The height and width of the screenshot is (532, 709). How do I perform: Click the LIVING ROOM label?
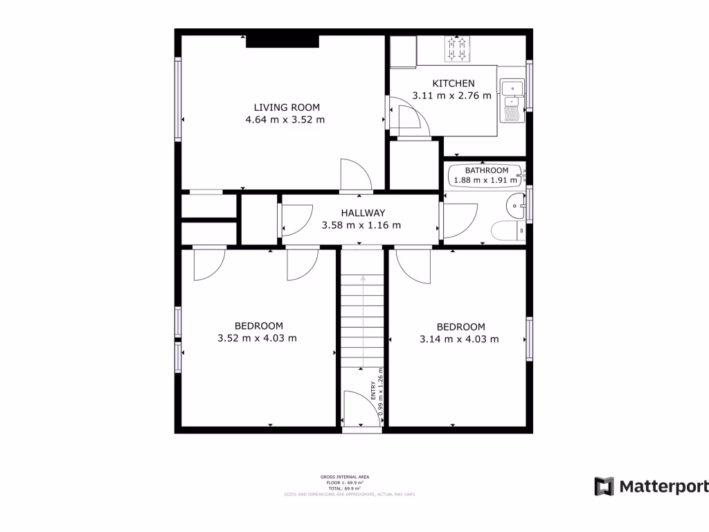tap(287, 107)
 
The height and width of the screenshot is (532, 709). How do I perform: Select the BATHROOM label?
tap(486, 170)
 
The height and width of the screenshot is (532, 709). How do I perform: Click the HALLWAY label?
tap(362, 213)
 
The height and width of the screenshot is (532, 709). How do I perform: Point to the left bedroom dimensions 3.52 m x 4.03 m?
tap(257, 339)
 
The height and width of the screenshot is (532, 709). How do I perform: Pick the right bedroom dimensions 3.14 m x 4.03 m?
tap(459, 339)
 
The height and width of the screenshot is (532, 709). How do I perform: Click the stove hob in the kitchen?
tap(457, 48)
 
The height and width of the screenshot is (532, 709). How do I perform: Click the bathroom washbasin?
tap(516, 205)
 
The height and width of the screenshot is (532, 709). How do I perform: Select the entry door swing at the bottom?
tap(360, 409)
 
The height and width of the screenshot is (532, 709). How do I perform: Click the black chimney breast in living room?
tap(282, 42)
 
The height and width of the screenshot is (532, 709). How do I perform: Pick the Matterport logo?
tap(651, 486)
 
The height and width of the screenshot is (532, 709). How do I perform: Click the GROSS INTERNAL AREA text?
tap(344, 477)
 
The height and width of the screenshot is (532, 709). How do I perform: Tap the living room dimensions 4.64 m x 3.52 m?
tap(285, 120)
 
